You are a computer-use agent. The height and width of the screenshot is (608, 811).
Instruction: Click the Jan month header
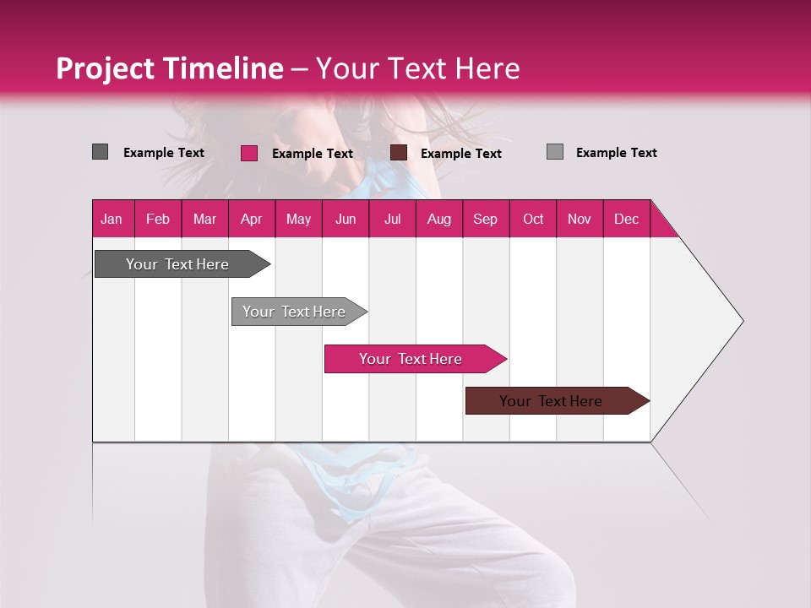[112, 219]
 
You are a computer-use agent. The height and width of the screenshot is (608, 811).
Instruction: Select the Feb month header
[158, 219]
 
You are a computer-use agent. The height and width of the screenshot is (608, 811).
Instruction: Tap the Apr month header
[251, 219]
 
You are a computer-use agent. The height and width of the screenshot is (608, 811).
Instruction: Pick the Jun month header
[346, 219]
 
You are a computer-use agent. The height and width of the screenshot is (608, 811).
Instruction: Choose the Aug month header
[438, 219]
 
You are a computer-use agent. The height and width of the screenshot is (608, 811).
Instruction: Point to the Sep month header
[485, 219]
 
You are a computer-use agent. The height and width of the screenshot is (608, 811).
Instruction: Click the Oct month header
[533, 219]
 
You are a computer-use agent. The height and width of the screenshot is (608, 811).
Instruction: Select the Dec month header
[626, 219]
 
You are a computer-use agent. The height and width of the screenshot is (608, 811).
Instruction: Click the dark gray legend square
[101, 152]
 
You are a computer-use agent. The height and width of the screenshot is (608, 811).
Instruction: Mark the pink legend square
[249, 153]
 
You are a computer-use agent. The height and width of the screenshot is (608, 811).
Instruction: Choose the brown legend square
[399, 153]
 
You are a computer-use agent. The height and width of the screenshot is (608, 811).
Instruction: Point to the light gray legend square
[555, 152]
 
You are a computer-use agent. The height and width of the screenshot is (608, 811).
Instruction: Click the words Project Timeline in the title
[170, 68]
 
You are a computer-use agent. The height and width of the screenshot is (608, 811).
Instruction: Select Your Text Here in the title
[418, 68]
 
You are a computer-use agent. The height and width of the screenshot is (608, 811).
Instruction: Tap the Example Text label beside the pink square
[312, 154]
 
